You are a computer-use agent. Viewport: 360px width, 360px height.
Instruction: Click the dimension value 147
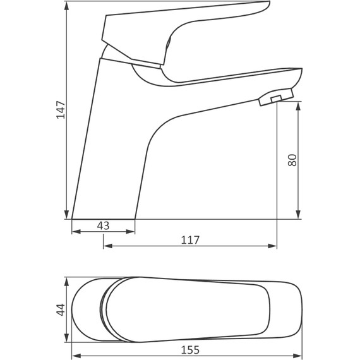61,111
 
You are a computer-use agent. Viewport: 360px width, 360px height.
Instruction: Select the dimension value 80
292,160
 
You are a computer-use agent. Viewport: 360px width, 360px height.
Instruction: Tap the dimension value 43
103,225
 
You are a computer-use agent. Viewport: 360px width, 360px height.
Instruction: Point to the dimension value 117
190,240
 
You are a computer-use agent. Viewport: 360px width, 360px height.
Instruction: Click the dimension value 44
61,309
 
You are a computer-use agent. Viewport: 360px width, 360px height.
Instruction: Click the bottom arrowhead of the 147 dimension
66,214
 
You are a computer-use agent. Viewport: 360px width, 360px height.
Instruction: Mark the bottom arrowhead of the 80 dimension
299,214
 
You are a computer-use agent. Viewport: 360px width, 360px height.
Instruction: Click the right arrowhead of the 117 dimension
273,246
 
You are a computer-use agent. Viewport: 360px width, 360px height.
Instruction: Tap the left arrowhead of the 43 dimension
76,231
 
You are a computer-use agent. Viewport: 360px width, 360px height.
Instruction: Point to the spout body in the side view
208,92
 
